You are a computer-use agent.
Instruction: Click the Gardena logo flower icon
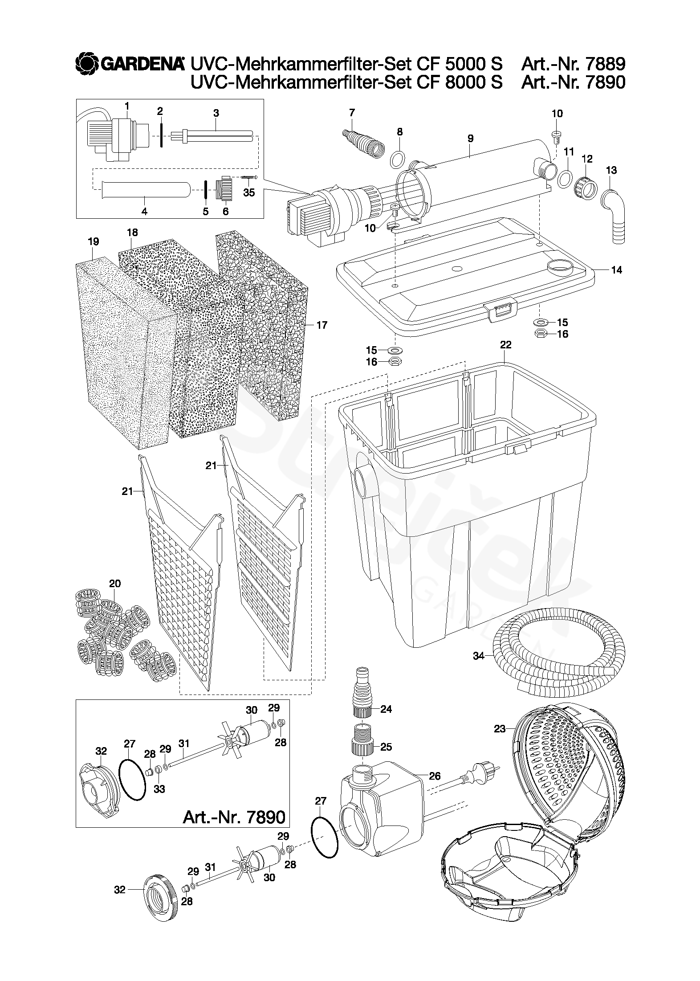pos(87,65)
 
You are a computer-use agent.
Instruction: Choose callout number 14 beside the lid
pos(616,270)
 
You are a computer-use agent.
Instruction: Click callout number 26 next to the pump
pos(434,776)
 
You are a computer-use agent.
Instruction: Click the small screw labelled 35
pos(249,178)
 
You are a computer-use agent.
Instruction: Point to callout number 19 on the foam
pos(93,241)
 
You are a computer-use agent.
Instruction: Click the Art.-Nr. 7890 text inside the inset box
pos(234,817)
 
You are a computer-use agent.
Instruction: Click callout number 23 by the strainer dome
pos(500,729)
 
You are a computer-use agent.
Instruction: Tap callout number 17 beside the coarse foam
pos(322,325)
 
